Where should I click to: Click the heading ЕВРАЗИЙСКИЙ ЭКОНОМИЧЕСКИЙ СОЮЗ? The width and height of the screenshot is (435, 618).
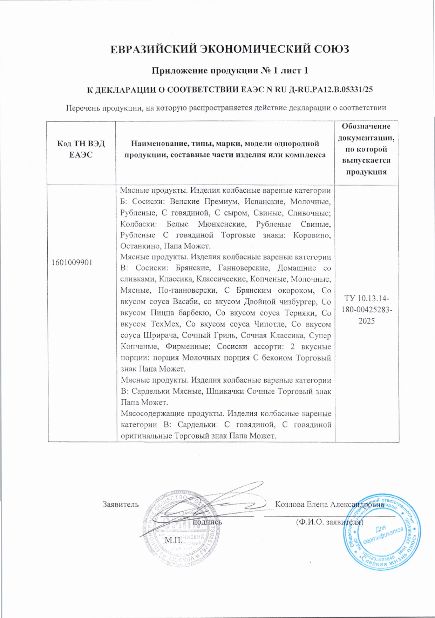230,49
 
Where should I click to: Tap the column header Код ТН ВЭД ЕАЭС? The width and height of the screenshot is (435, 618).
81,149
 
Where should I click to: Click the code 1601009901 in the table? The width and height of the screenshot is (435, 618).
72,263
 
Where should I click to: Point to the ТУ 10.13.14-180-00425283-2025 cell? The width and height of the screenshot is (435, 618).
367,310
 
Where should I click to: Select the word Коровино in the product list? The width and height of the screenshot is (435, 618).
312,235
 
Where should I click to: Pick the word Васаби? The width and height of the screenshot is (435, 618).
186,301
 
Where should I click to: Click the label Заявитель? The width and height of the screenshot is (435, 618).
120,504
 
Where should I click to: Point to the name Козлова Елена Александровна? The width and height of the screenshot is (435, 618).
329,504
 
